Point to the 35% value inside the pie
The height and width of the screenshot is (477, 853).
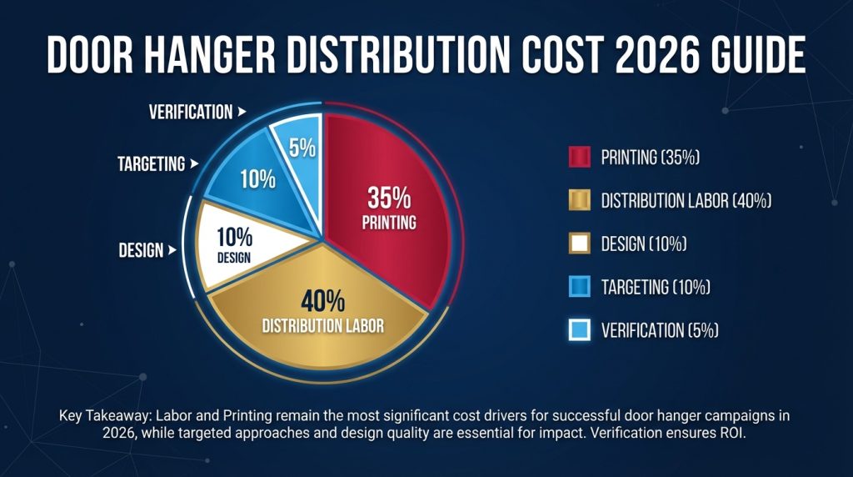[389, 198]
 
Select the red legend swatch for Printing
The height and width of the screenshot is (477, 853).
[579, 157]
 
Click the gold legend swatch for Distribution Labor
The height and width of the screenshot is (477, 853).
[579, 200]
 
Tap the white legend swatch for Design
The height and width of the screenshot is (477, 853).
[579, 244]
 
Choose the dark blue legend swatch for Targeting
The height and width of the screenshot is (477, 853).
[579, 287]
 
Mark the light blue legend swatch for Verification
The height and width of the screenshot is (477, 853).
[579, 330]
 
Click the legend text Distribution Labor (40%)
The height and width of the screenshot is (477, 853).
[686, 200]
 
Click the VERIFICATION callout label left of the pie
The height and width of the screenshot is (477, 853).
[191, 112]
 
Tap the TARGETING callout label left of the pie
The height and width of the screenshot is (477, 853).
[151, 163]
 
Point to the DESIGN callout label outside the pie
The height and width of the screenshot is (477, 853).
[141, 250]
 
